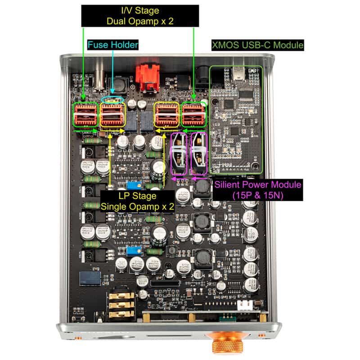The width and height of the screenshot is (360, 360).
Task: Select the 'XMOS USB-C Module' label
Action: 257,45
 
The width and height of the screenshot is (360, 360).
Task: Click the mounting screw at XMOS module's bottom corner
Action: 256,167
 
